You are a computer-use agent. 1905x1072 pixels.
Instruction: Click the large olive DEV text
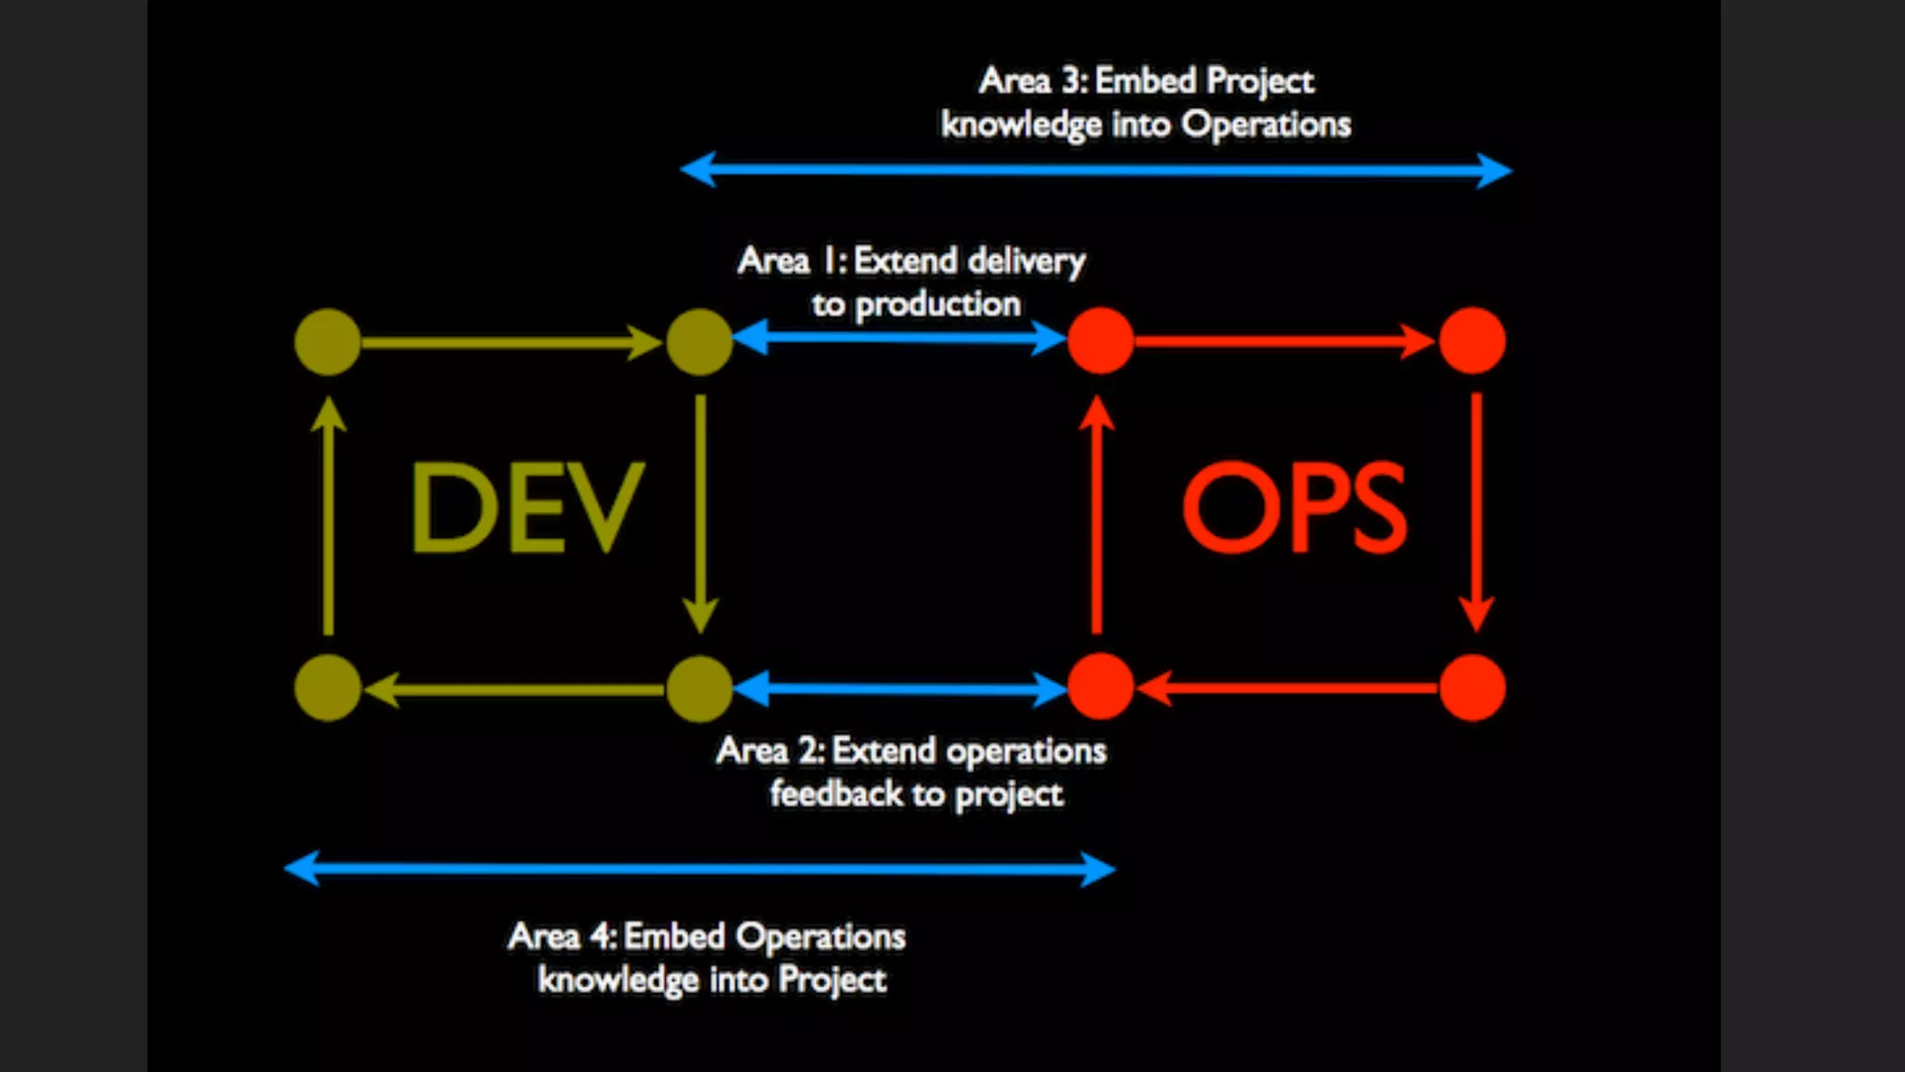click(526, 507)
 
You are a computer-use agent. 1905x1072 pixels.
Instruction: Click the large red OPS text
click(1294, 507)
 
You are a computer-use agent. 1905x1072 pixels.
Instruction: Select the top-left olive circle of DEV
click(327, 342)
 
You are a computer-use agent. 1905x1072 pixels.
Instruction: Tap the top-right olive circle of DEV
click(699, 342)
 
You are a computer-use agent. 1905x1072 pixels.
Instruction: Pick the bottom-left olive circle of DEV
click(327, 689)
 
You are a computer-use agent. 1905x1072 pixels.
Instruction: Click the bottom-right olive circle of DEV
click(699, 689)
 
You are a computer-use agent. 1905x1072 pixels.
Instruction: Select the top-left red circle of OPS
click(1100, 341)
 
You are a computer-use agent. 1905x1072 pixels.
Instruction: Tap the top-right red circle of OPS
click(1472, 341)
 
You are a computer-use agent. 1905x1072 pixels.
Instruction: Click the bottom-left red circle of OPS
click(1100, 687)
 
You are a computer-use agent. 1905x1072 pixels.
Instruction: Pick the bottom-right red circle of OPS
click(1472, 688)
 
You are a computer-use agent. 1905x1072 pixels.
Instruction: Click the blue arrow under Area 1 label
click(899, 338)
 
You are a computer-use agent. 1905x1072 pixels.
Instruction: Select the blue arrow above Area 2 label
click(899, 690)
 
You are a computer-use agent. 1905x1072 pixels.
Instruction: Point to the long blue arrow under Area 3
click(1096, 170)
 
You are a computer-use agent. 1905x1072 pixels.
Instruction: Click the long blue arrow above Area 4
click(699, 869)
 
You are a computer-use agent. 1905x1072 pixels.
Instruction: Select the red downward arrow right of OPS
click(1476, 512)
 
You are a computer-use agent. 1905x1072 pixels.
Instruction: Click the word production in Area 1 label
click(938, 305)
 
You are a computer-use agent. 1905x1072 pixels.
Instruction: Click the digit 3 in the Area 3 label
click(1072, 81)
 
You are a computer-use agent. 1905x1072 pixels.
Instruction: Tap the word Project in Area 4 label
click(833, 980)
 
